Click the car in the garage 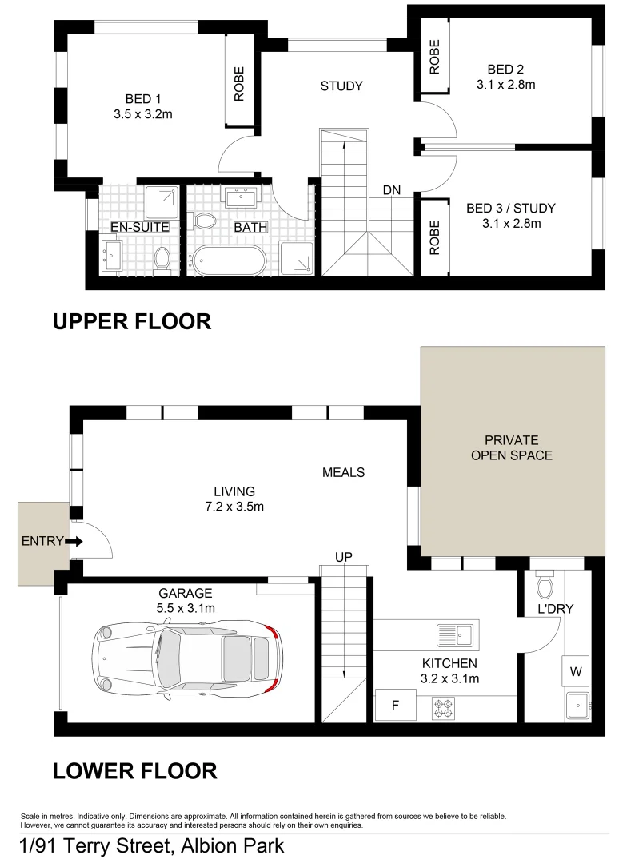[186, 658]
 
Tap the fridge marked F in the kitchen [393, 706]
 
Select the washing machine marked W [575, 672]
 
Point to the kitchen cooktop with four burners [444, 706]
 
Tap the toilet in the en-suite [162, 257]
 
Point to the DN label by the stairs [391, 190]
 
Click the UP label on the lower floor [344, 556]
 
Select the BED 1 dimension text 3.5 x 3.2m [143, 114]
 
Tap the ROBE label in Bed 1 [238, 83]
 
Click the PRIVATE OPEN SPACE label [512, 448]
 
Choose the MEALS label [343, 472]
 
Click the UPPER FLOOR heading [132, 321]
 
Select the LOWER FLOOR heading [134, 771]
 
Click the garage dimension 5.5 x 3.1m [186, 607]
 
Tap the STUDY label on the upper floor [341, 86]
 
